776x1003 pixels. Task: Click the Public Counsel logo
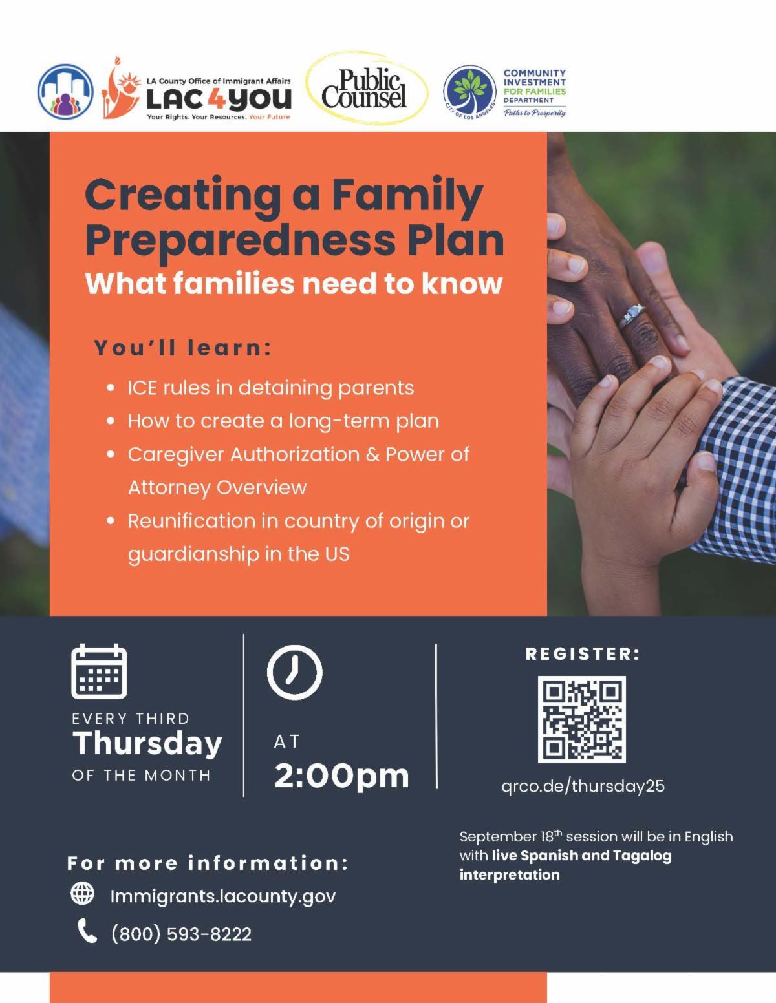pyautogui.click(x=367, y=88)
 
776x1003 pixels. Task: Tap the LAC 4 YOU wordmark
pyautogui.click(x=219, y=98)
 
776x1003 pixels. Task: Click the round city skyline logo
pyautogui.click(x=65, y=91)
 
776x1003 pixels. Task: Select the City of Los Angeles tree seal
pyautogui.click(x=469, y=92)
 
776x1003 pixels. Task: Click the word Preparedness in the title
pyautogui.click(x=240, y=241)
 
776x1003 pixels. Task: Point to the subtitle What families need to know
pyautogui.click(x=294, y=284)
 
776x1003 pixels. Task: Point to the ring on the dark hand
pyautogui.click(x=632, y=316)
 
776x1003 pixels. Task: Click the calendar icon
pyautogui.click(x=99, y=671)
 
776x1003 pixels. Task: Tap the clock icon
pyautogui.click(x=294, y=671)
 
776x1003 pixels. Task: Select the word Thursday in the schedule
pyautogui.click(x=147, y=744)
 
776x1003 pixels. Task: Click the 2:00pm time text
pyautogui.click(x=341, y=776)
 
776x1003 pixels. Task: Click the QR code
pyautogui.click(x=581, y=719)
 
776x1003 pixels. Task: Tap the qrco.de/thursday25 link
pyautogui.click(x=583, y=786)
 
